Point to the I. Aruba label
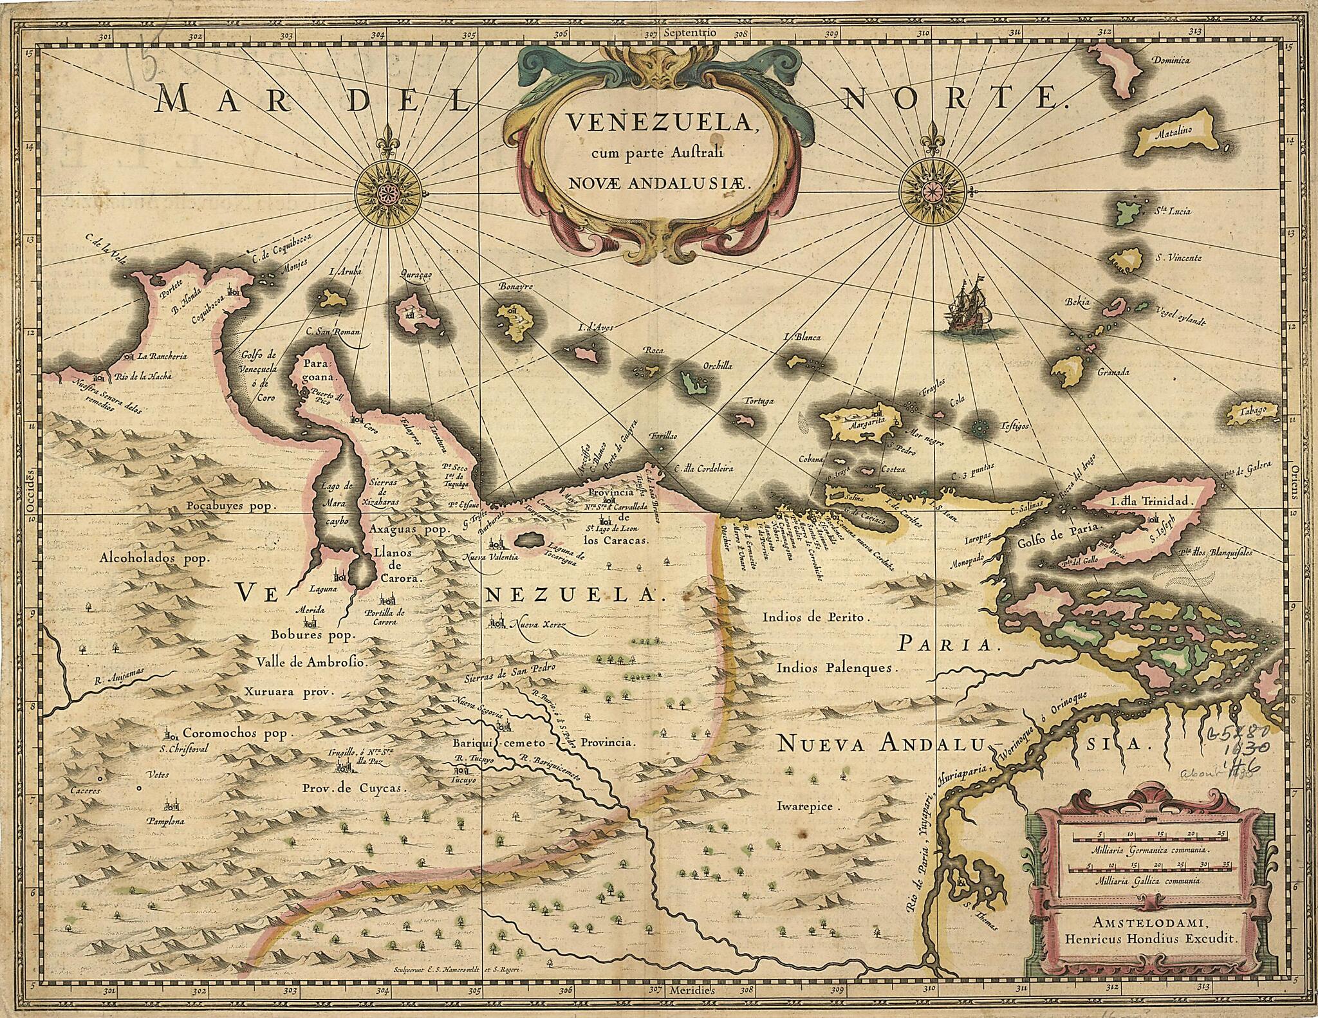[x=345, y=272]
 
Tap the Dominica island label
[x=1171, y=60]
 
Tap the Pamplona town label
[x=166, y=822]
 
